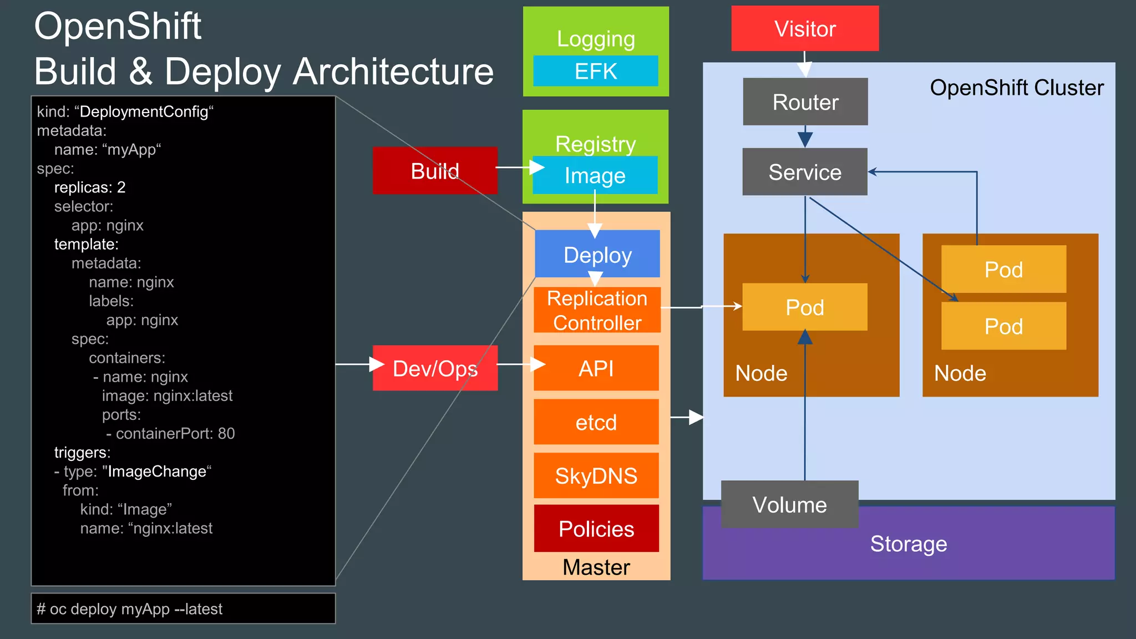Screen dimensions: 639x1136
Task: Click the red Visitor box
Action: [x=804, y=29]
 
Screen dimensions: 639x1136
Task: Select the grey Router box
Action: [x=805, y=102]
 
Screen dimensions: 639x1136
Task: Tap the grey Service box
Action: [x=804, y=172]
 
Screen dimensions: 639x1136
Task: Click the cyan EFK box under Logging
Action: [x=595, y=71]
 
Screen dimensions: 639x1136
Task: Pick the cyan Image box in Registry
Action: [x=595, y=175]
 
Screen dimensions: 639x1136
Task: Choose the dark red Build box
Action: [x=435, y=171]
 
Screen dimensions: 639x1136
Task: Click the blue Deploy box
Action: [x=597, y=255]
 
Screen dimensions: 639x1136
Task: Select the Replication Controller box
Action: [x=597, y=311]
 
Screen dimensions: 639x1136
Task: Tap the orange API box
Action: [x=596, y=368]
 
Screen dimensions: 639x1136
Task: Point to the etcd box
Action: [x=596, y=422]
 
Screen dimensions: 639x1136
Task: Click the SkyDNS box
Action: [x=596, y=475]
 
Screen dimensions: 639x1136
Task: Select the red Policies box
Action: [x=596, y=529]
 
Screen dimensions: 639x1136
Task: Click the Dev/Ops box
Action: [x=435, y=368]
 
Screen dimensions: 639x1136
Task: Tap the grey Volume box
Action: [x=789, y=504]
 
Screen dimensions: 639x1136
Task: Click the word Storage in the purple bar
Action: [x=908, y=544]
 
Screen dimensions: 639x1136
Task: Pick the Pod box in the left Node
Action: [x=804, y=307]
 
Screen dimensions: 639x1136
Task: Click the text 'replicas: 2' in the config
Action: [x=90, y=187]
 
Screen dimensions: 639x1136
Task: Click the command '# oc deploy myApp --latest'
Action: [x=130, y=609]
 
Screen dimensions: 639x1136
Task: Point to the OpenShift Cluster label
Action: [x=1016, y=88]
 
